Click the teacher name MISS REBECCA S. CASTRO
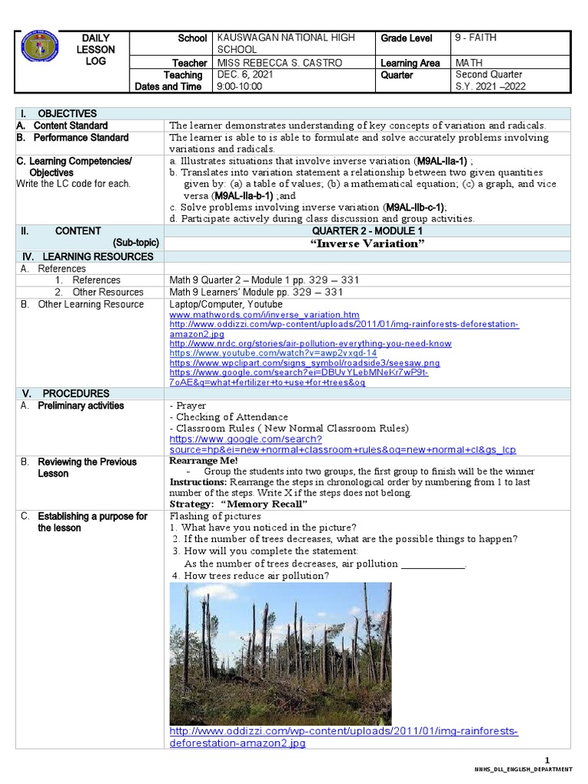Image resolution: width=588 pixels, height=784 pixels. tap(279, 63)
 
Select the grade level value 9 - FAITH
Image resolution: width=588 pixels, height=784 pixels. tap(479, 38)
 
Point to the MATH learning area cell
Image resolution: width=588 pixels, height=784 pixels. tap(471, 63)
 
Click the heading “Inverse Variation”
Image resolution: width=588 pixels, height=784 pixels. tap(367, 243)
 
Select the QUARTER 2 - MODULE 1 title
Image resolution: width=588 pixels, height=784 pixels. tap(367, 231)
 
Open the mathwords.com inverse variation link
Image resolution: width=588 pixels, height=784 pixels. tap(264, 315)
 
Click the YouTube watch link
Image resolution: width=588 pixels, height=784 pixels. tap(273, 353)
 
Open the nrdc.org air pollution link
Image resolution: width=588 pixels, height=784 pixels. tap(310, 344)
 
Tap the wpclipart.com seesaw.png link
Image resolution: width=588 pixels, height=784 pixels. tap(305, 363)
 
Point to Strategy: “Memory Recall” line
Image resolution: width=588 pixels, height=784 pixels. tap(238, 505)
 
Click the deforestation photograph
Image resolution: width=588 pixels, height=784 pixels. tap(280, 653)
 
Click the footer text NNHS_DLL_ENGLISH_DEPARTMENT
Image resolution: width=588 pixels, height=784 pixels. tap(524, 769)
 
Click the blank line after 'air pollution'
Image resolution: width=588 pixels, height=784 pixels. tap(433, 564)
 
